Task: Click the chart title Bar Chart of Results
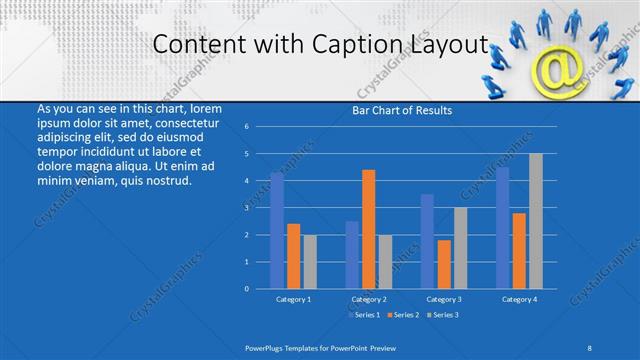click(x=402, y=110)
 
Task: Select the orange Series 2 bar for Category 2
click(x=368, y=229)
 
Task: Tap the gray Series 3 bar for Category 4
click(x=536, y=221)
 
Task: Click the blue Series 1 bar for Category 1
click(x=277, y=230)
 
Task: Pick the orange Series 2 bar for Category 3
click(x=444, y=264)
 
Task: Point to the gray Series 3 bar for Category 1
click(x=309, y=261)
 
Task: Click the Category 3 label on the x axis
click(x=444, y=299)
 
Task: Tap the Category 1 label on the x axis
click(x=293, y=299)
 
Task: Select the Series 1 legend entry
click(x=363, y=315)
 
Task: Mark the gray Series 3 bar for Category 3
click(x=460, y=248)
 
